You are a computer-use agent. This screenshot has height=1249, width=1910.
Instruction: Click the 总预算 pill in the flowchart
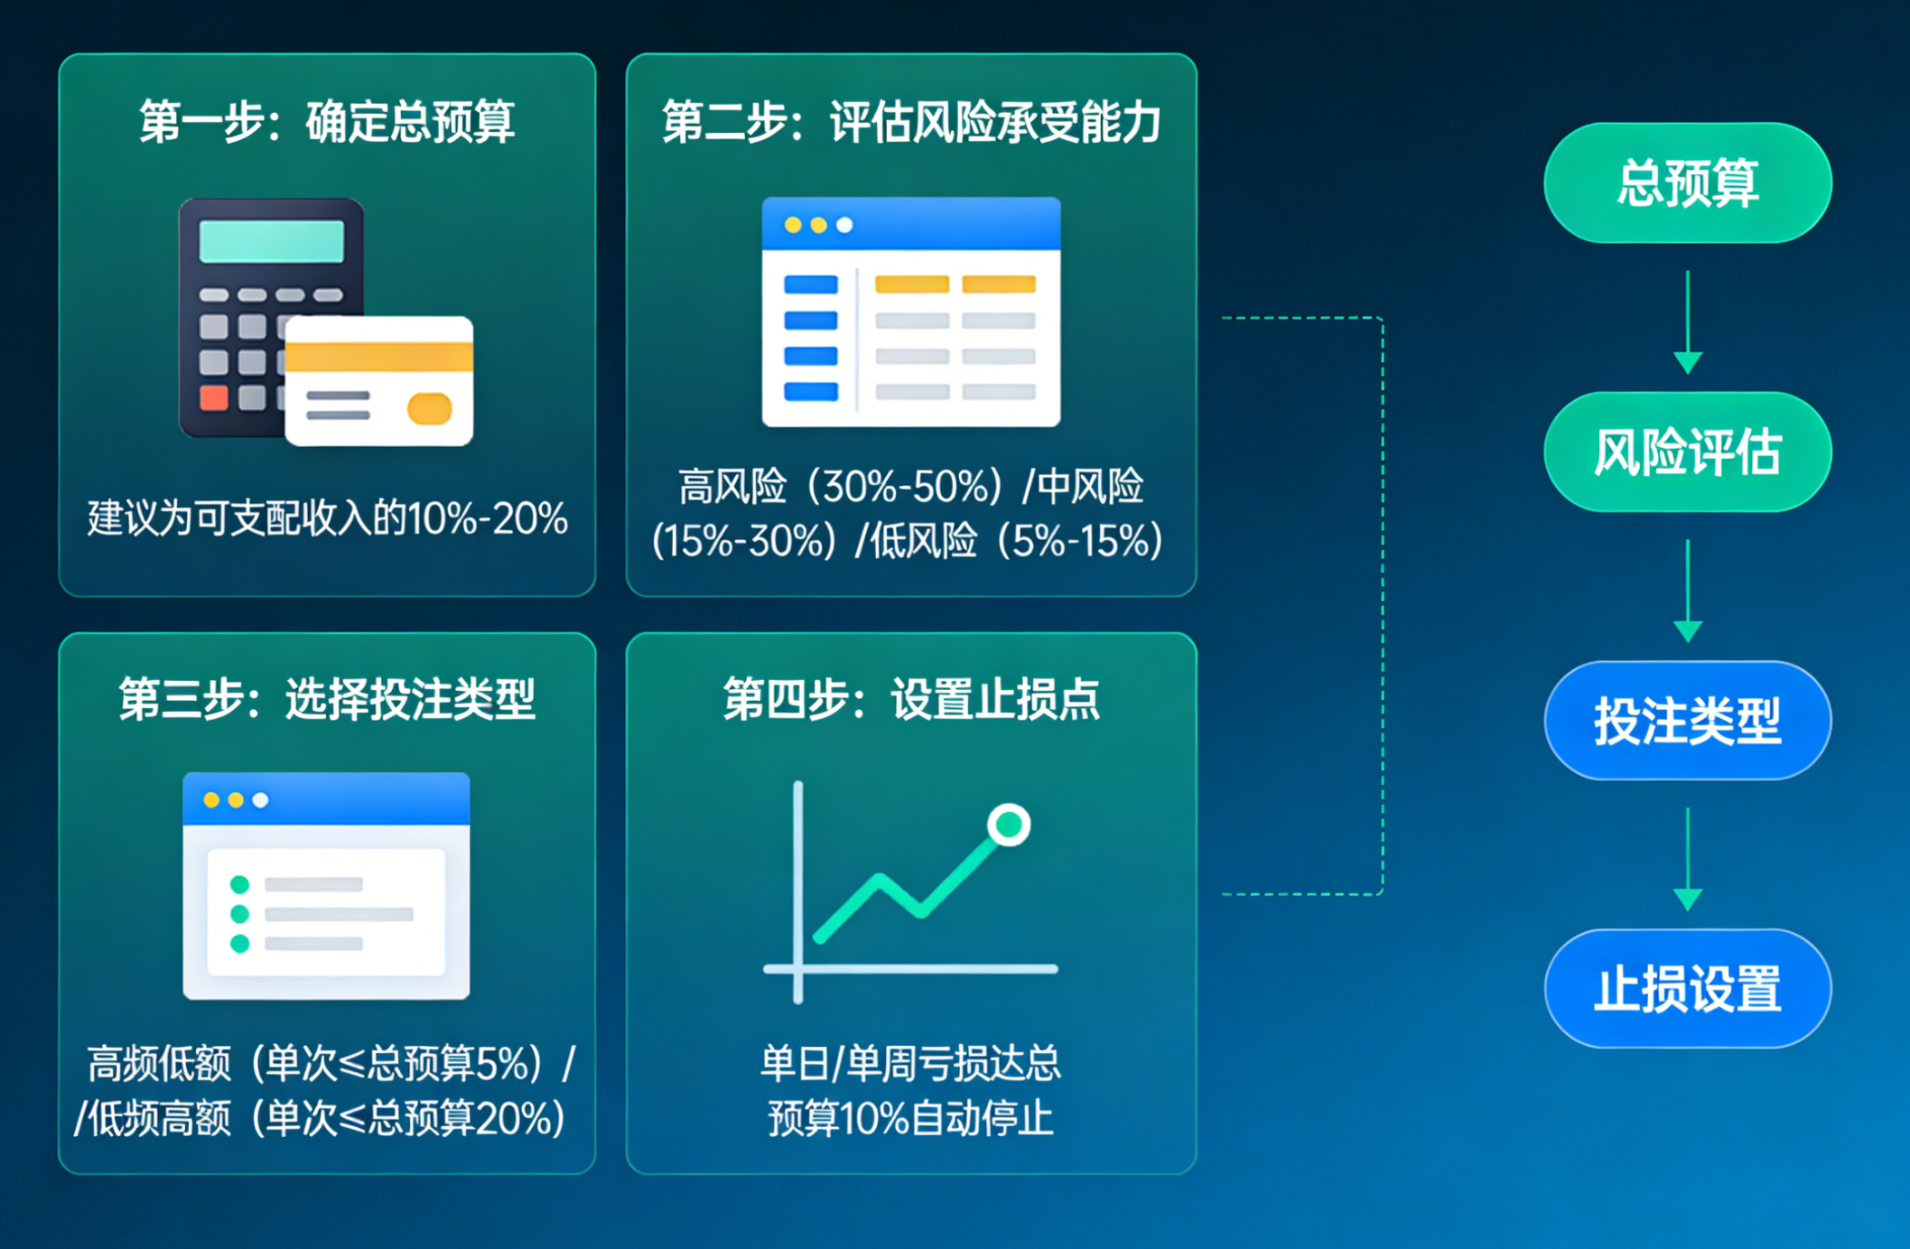pos(1687,183)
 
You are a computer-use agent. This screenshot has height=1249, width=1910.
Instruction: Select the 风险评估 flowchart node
pos(1687,452)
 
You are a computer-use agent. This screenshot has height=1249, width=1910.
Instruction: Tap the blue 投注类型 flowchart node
pos(1687,721)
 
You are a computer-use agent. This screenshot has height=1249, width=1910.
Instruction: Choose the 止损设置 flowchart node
pos(1687,989)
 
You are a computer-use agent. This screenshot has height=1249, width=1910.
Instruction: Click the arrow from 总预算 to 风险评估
pos(1687,322)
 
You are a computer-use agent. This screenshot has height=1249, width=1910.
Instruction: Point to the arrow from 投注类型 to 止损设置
pos(1687,859)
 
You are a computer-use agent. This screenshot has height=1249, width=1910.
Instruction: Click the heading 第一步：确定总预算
pos(327,122)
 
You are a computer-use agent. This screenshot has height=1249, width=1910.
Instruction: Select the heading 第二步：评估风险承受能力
pos(911,122)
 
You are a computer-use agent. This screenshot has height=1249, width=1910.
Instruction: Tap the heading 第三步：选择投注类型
pos(327,700)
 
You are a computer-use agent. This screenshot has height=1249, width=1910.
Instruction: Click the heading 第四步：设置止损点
pos(911,700)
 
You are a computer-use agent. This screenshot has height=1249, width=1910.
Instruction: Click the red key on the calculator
pos(214,397)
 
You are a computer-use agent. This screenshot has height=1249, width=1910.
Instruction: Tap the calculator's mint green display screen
pos(272,241)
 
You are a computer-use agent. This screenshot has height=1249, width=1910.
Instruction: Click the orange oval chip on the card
pos(430,408)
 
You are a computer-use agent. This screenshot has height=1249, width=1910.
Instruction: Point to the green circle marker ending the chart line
pos(1009,825)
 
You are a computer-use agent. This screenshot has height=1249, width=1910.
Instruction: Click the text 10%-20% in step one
pos(488,518)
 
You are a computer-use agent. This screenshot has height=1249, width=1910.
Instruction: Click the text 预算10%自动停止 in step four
pos(910,1118)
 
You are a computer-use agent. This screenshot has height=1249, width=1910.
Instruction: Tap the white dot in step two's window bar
pos(844,225)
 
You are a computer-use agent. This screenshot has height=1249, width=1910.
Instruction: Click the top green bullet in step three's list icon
pos(240,884)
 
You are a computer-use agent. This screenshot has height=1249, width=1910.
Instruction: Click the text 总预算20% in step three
pos(460,1118)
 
